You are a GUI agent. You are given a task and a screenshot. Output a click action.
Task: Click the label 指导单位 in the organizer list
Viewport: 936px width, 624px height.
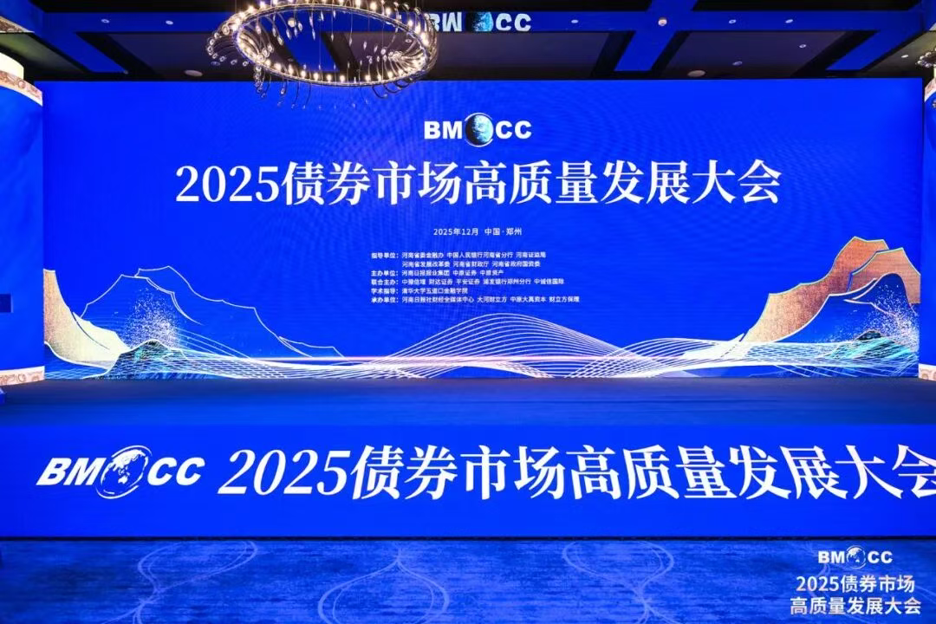click(x=382, y=256)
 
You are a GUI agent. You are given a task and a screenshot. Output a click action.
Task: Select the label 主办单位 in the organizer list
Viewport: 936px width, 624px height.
click(x=382, y=272)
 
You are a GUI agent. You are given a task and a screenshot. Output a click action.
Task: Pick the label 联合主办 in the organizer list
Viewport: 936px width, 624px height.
click(x=382, y=281)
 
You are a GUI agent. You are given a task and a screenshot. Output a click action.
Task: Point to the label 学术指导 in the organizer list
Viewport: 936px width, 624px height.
click(x=382, y=289)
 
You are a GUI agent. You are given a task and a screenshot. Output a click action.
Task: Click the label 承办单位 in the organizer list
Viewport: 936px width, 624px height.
click(x=382, y=298)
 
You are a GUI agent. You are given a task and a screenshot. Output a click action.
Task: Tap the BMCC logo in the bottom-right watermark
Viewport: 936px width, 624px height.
click(x=856, y=556)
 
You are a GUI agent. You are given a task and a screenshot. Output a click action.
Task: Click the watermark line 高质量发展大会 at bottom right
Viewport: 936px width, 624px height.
click(x=855, y=605)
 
